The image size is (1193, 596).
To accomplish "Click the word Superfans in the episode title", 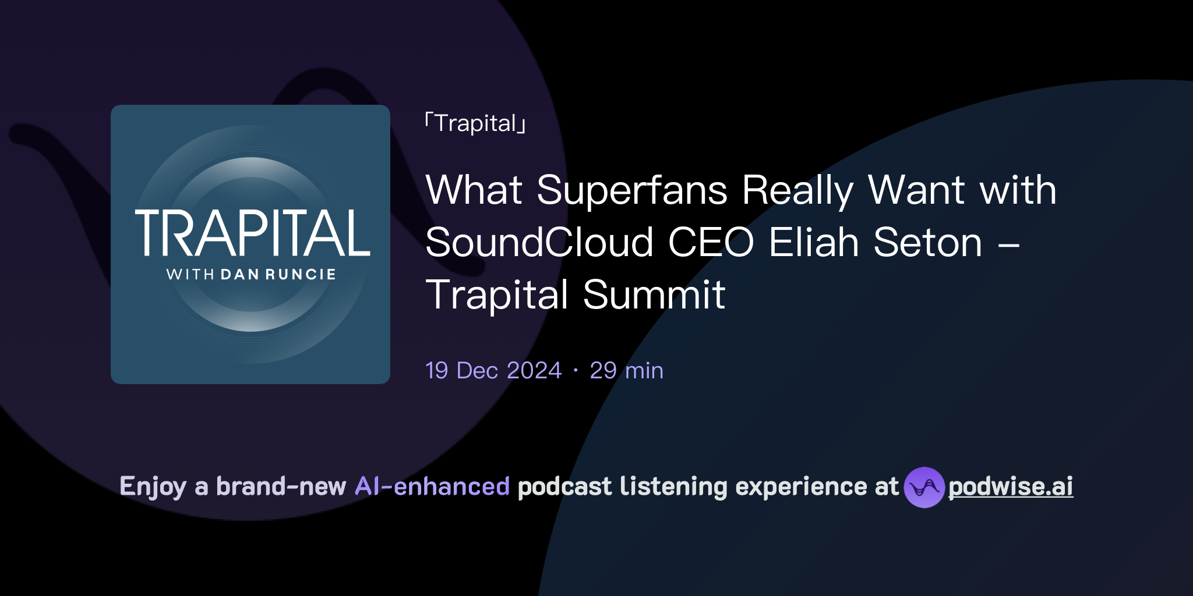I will click(x=632, y=190).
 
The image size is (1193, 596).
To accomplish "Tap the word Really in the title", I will click(x=797, y=190).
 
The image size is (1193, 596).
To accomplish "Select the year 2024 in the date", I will click(x=534, y=371).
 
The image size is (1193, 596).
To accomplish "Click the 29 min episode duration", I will click(x=626, y=371).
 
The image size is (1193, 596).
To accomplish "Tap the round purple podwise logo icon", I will click(x=924, y=487).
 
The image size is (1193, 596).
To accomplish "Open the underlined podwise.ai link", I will click(x=1011, y=487).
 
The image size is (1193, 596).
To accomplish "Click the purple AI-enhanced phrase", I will click(x=432, y=487).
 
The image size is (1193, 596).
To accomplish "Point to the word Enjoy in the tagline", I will click(x=153, y=487).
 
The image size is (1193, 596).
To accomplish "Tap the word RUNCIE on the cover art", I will click(x=301, y=274).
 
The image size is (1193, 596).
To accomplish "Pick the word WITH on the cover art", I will click(x=190, y=274).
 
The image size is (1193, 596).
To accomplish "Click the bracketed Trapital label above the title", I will click(x=475, y=123).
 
